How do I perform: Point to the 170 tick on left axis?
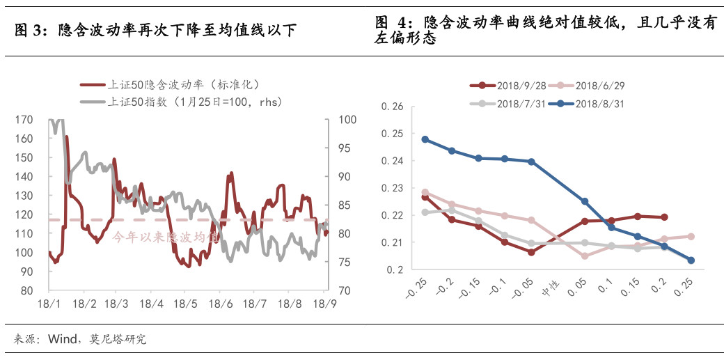point(24,120)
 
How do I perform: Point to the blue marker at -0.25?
point(425,139)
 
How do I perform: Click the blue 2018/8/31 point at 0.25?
point(691,260)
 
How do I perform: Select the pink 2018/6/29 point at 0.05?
point(585,256)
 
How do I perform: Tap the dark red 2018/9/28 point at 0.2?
point(664,217)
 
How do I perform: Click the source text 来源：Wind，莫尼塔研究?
point(80,340)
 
